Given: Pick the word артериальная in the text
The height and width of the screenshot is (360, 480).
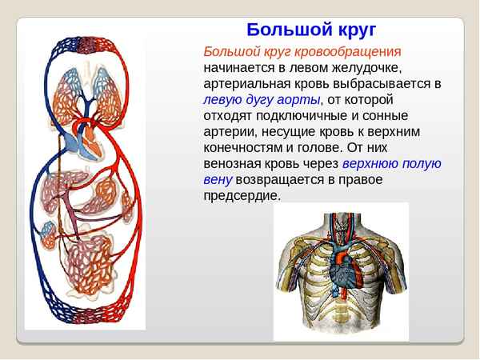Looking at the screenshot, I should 246,83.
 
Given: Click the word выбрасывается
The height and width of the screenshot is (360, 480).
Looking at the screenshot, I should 379,83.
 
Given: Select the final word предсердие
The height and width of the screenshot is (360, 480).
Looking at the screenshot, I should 242,196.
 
